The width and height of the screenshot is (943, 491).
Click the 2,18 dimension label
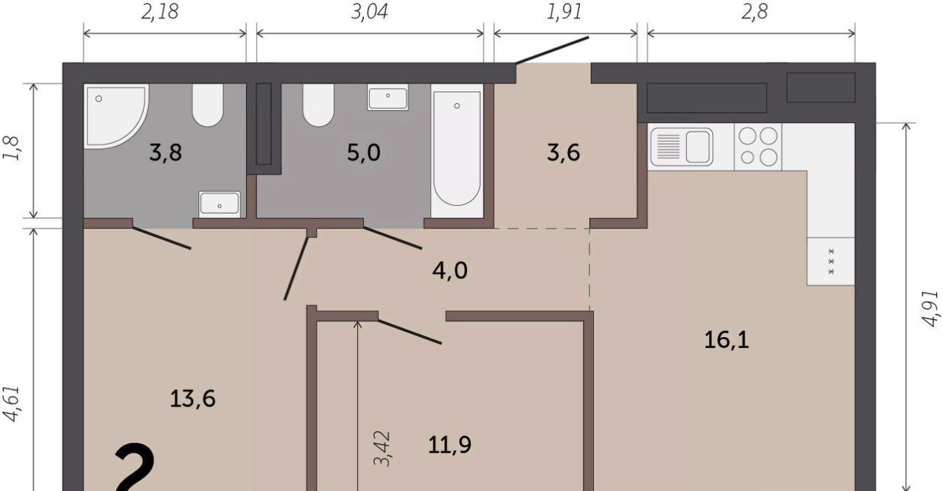160,13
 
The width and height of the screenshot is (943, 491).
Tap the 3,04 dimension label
369,13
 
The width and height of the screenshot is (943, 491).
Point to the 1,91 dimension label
564,13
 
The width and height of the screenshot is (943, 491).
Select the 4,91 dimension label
930,309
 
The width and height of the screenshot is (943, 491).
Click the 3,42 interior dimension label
382,448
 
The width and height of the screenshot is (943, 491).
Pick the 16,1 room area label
726,340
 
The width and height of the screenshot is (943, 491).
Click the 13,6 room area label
193,399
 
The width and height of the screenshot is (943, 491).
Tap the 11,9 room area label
449,445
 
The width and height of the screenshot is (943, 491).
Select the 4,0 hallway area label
449,271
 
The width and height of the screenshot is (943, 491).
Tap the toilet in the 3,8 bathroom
208,105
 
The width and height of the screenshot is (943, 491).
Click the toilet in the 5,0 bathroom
318,105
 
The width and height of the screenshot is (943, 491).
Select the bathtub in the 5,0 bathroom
457,150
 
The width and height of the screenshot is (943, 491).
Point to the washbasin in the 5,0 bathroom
388,97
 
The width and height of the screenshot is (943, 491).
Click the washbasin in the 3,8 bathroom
220,204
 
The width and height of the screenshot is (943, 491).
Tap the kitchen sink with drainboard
681,147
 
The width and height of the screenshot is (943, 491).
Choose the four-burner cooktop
758,147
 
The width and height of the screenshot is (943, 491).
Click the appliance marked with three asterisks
830,262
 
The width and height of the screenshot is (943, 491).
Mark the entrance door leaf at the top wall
553,50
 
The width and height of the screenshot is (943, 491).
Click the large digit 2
135,467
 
